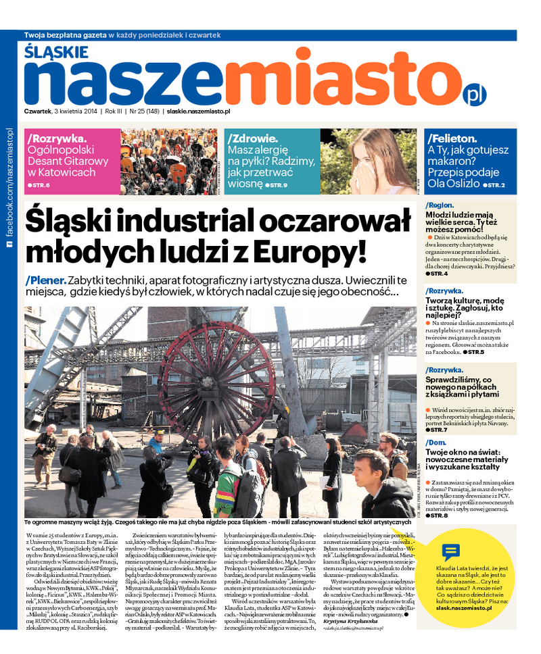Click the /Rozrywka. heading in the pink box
tap(57, 138)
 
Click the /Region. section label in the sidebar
tap(440, 205)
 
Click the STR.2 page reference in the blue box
tap(494, 184)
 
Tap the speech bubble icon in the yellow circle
tap(450, 552)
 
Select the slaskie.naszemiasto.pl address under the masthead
tap(199, 111)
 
